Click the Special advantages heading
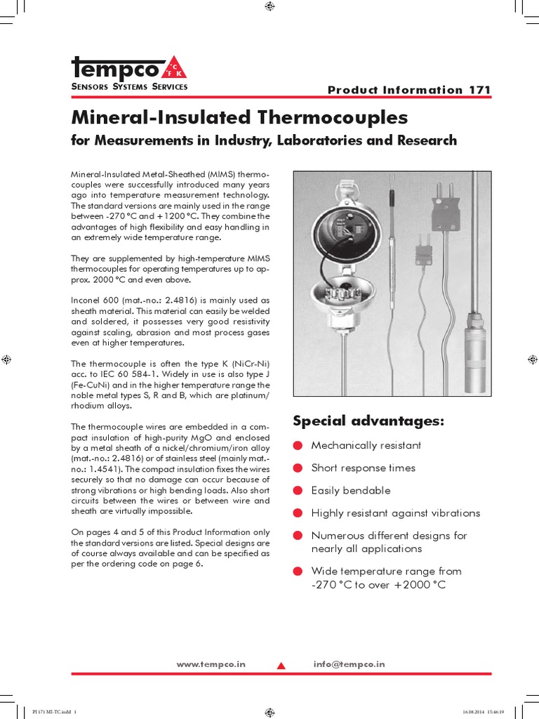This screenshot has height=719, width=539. click(368, 421)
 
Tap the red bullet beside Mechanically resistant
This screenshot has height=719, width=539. click(298, 446)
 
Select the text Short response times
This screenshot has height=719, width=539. click(363, 468)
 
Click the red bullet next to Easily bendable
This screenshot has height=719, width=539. click(298, 491)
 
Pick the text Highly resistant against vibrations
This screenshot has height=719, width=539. click(395, 513)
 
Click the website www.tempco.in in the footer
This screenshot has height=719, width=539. click(211, 664)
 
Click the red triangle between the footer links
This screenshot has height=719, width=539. click(281, 665)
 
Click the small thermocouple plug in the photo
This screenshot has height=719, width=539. click(424, 251)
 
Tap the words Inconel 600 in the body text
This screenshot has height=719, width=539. click(93, 300)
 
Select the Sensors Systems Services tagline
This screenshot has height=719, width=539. click(129, 87)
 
